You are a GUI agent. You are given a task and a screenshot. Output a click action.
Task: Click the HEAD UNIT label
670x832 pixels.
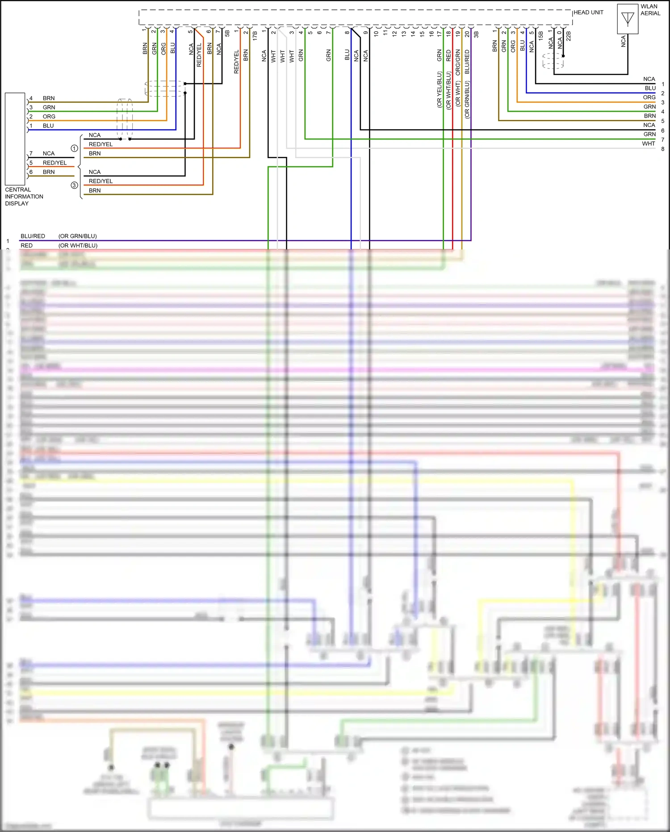point(588,13)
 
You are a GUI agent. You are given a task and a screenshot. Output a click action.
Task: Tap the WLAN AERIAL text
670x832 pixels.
point(650,10)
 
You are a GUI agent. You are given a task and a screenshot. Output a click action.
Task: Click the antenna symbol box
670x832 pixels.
point(628,19)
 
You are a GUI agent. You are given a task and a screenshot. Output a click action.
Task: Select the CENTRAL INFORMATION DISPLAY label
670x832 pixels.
point(24,197)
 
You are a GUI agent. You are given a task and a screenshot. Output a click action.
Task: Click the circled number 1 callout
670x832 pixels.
point(75,148)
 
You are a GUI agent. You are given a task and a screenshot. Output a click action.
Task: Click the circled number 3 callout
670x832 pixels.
point(75,185)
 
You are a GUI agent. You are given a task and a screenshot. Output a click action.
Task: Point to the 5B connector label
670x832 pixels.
point(227,34)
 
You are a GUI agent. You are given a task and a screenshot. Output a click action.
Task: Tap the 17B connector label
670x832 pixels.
point(255,35)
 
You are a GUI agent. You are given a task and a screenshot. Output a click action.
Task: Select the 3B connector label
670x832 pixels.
point(476,34)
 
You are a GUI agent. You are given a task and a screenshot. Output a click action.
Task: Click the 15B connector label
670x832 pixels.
point(541,35)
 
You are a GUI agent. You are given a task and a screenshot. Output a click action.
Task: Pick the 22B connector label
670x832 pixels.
point(569,35)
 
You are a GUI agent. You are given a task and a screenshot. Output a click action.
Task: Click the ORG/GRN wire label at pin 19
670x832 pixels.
point(458,62)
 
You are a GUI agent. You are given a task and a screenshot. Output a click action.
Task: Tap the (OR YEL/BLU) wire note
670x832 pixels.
point(439,89)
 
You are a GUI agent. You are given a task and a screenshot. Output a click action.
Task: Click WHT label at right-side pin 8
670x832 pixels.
point(648,144)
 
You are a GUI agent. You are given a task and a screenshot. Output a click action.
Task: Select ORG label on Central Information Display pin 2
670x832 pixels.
point(49,117)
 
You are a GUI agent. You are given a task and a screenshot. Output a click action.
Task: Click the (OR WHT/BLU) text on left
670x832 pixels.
point(78,245)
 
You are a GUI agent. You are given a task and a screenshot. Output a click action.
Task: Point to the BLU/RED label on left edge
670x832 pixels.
point(33,236)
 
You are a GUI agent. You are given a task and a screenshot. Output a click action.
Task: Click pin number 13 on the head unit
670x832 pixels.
point(404,33)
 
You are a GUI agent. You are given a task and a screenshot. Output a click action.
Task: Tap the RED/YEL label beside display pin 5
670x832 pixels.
point(54,163)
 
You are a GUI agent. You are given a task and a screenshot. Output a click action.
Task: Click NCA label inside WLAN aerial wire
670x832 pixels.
point(624,41)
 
